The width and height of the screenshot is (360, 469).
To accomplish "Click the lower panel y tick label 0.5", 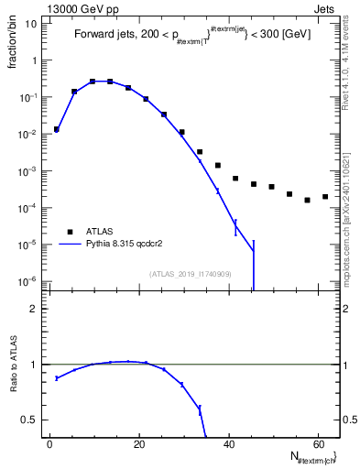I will click(x=29, y=420).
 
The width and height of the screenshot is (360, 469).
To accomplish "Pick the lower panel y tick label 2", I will click(x=34, y=309).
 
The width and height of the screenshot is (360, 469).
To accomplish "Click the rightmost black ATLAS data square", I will click(x=325, y=196).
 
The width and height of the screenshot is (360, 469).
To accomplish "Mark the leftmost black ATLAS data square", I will click(x=57, y=129).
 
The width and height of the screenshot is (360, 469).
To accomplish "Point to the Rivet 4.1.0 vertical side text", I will click(x=351, y=63).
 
